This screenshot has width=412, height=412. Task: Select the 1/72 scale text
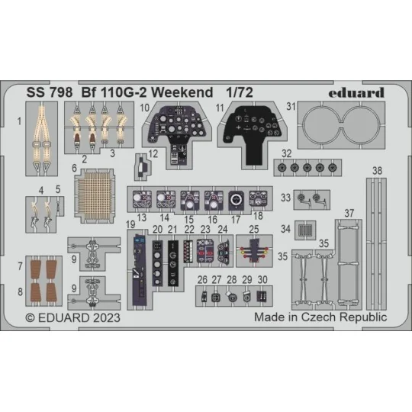[x=240, y=93]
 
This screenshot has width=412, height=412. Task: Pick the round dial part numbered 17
[x=237, y=200]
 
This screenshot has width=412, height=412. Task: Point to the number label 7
[x=20, y=266]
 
